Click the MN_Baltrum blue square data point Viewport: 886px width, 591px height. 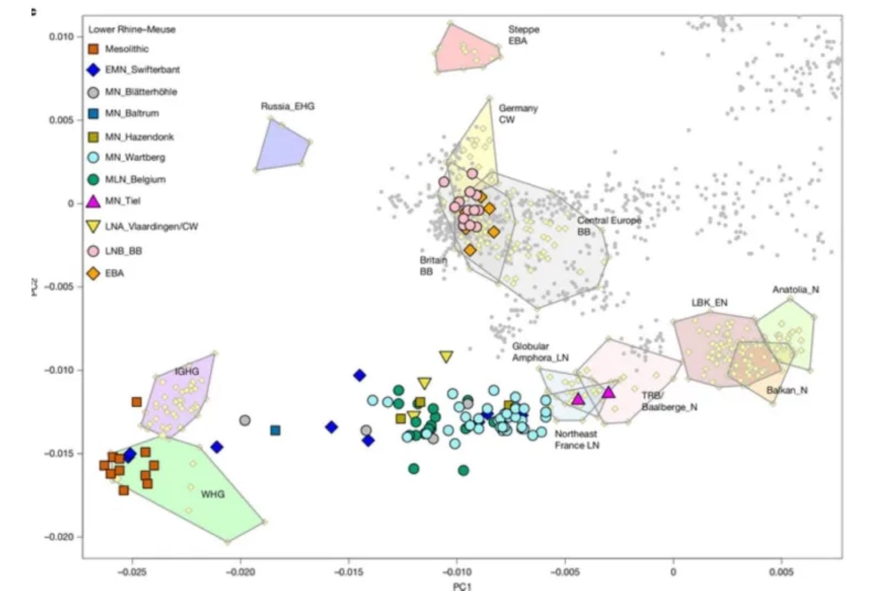[x=275, y=430]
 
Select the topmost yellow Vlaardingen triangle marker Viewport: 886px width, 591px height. [x=446, y=356]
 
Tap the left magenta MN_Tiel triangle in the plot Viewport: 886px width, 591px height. [x=578, y=399]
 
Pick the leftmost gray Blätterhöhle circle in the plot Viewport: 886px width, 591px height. [x=245, y=421]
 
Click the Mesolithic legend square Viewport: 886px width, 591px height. [x=93, y=49]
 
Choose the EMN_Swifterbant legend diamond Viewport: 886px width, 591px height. [x=93, y=70]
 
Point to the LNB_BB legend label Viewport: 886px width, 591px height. [x=123, y=251]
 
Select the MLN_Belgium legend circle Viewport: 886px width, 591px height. [x=93, y=179]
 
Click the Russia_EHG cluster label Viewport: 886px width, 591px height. [x=288, y=106]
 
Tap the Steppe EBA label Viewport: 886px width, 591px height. [x=523, y=35]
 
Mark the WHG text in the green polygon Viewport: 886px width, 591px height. [x=213, y=494]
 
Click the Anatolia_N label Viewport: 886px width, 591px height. [x=796, y=290]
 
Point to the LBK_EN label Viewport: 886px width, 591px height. [x=709, y=303]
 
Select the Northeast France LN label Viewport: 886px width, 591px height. [x=576, y=439]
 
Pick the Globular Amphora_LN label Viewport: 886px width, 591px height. [x=540, y=352]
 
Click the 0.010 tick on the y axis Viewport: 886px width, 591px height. [x=61, y=37]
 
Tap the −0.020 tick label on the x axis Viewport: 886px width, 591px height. [x=240, y=572]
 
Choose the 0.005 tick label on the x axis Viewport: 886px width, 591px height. [x=781, y=572]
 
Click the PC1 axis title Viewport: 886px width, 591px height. [x=462, y=586]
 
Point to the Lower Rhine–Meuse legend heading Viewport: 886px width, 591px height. [x=132, y=29]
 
